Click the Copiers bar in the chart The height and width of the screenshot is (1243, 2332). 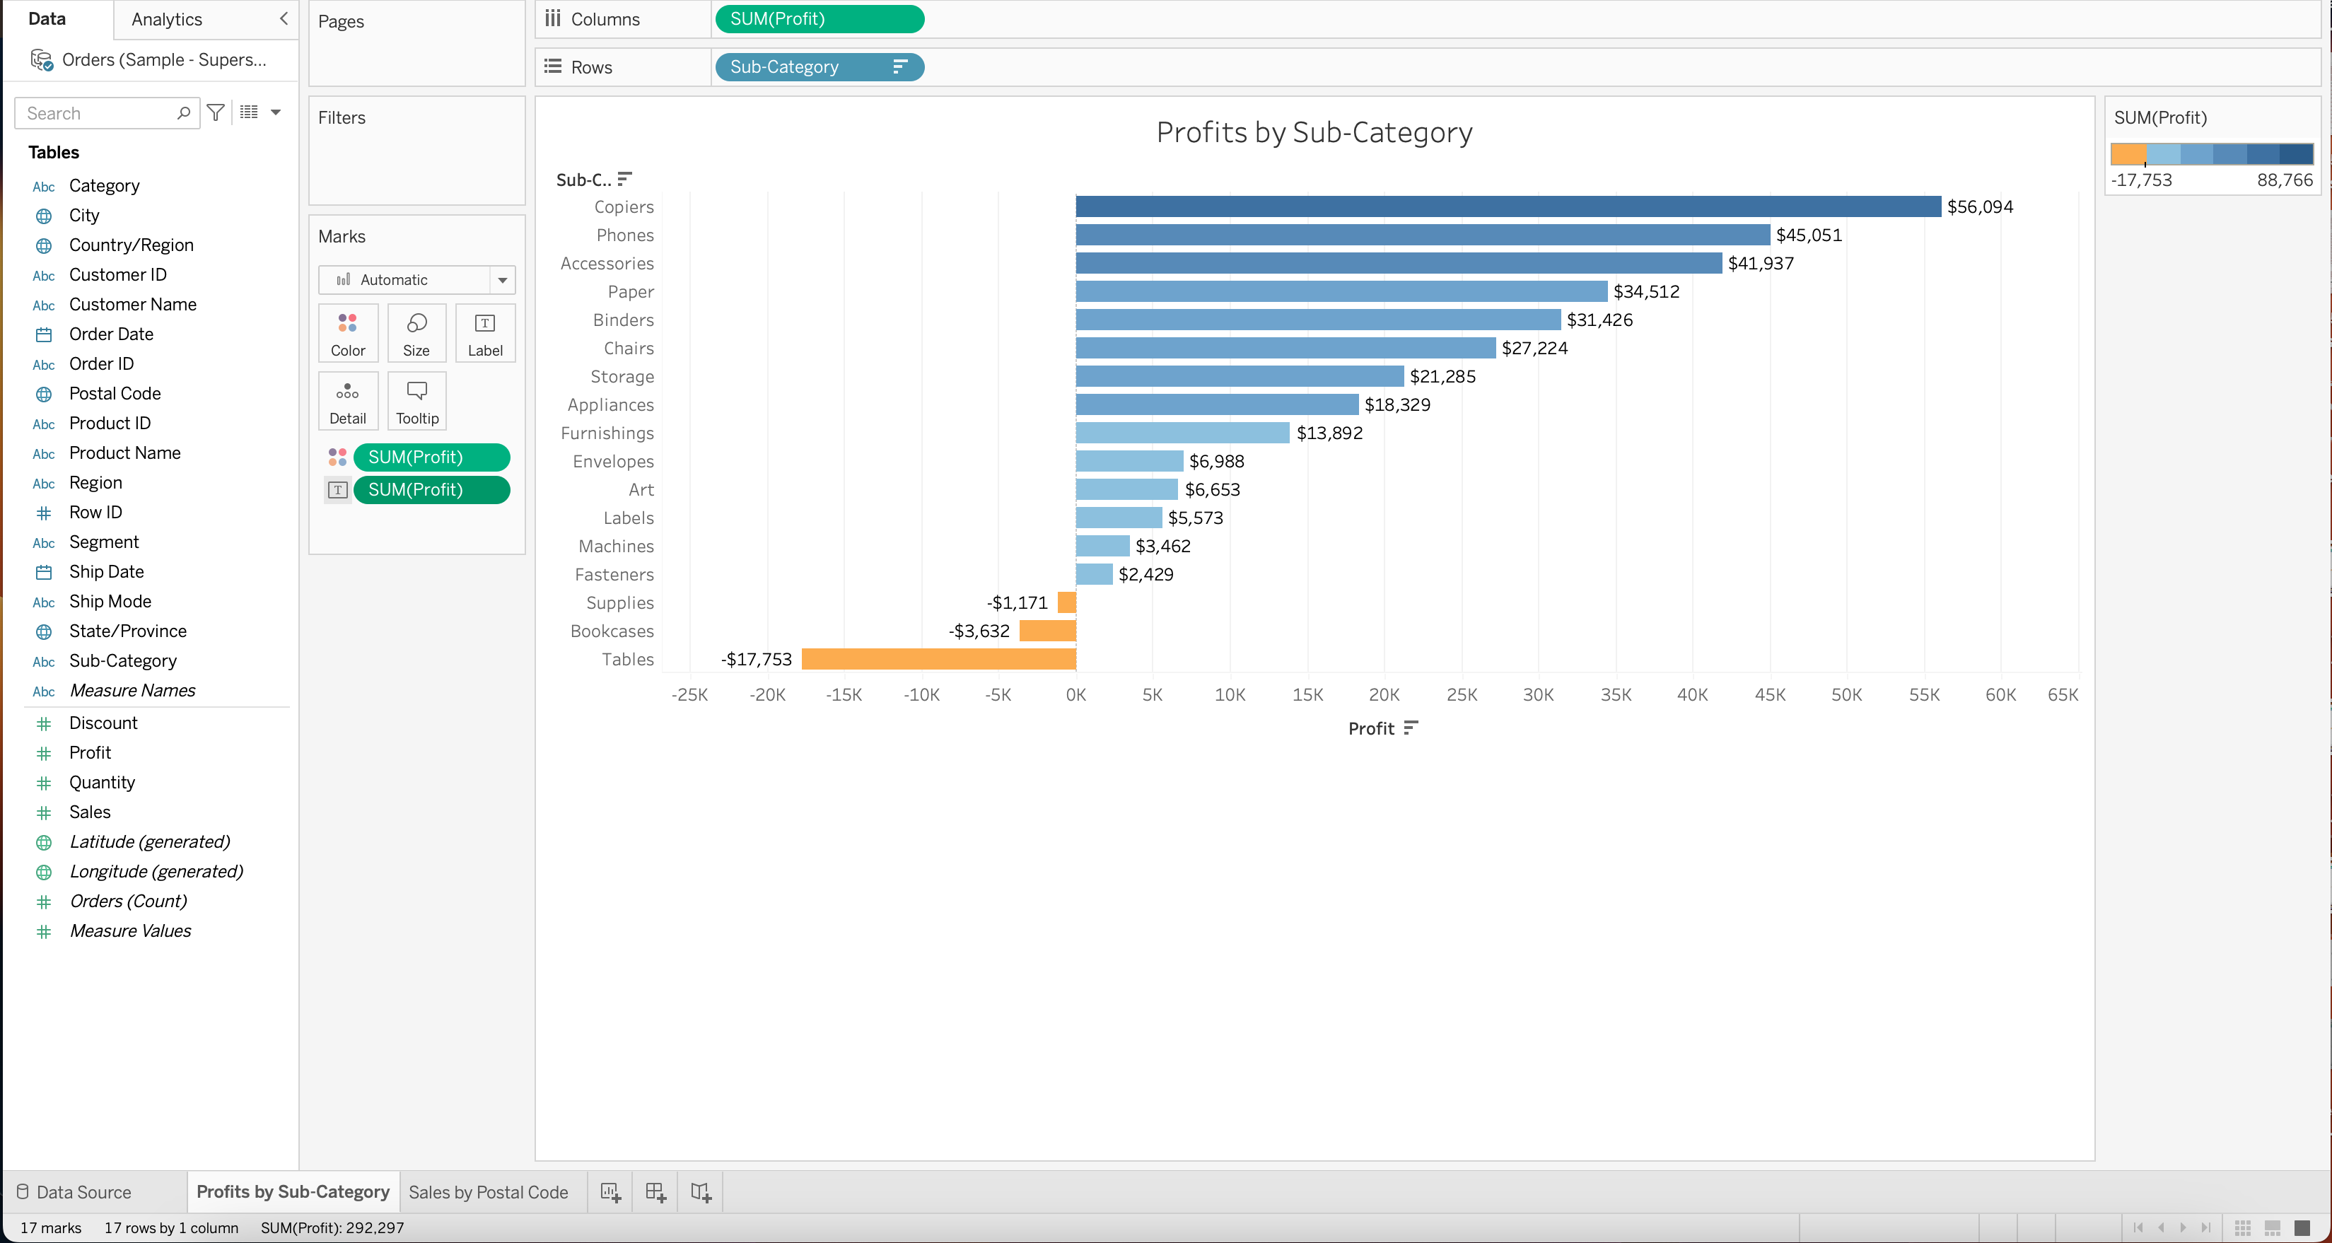1508,206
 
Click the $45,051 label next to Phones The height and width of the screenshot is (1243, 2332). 1808,235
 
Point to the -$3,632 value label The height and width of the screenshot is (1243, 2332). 978,631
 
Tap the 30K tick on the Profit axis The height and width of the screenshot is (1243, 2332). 1537,695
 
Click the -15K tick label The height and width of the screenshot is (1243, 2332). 843,695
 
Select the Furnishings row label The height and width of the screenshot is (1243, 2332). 607,433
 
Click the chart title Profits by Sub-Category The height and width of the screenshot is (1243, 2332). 1314,132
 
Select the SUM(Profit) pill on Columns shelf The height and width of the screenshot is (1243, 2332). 818,19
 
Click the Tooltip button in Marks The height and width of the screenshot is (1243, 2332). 416,401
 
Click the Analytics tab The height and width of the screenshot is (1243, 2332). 167,19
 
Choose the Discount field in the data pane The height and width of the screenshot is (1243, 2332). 103,723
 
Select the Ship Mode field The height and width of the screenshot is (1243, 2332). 110,601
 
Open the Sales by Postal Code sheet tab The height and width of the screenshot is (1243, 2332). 488,1191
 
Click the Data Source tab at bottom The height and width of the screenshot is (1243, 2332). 83,1191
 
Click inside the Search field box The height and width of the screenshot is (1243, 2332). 98,113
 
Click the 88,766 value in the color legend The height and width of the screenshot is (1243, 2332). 2284,180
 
